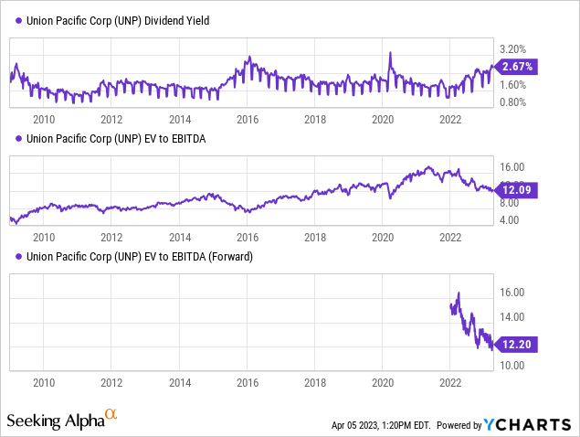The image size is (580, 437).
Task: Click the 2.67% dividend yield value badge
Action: (517, 66)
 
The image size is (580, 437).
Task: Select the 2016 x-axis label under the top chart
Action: (247, 119)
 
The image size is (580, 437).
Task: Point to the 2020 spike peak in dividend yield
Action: (390, 54)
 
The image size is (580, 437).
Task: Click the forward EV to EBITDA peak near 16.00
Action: (458, 293)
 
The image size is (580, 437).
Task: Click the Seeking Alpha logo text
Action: (56, 421)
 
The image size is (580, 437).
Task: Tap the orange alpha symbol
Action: (112, 417)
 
